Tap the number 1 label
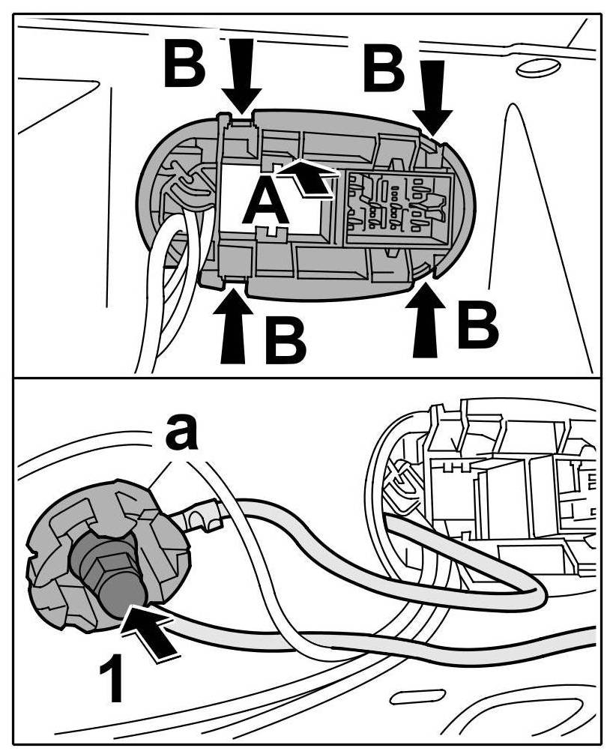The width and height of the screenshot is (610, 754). [114, 678]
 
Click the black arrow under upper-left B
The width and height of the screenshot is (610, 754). [241, 79]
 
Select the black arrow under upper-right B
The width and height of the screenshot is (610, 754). [432, 96]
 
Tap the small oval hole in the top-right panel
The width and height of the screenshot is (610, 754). [538, 68]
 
